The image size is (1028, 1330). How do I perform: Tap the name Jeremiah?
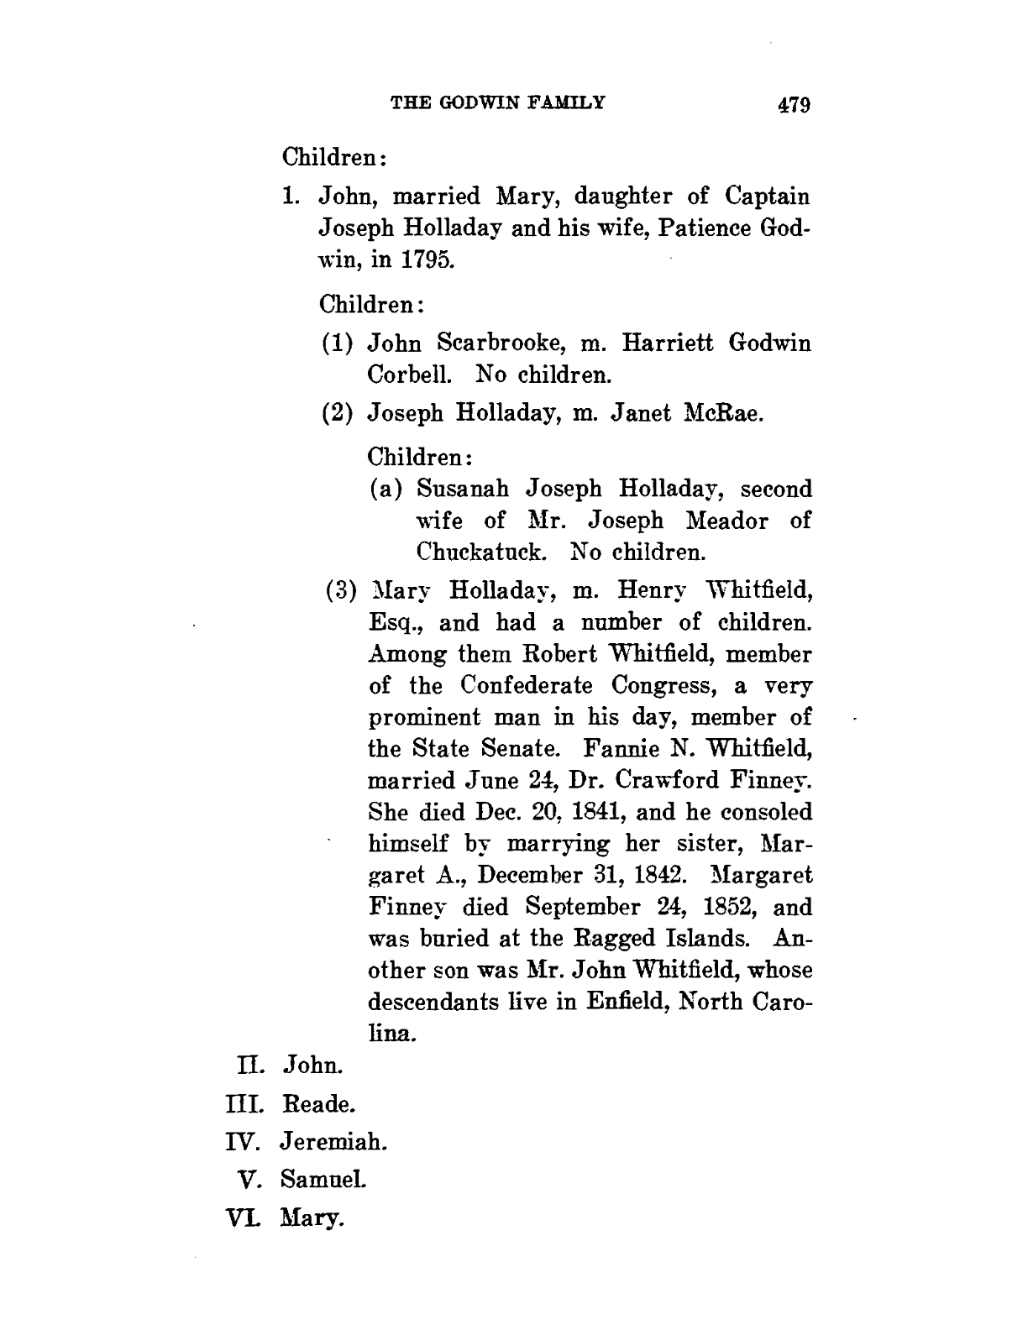333,1141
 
